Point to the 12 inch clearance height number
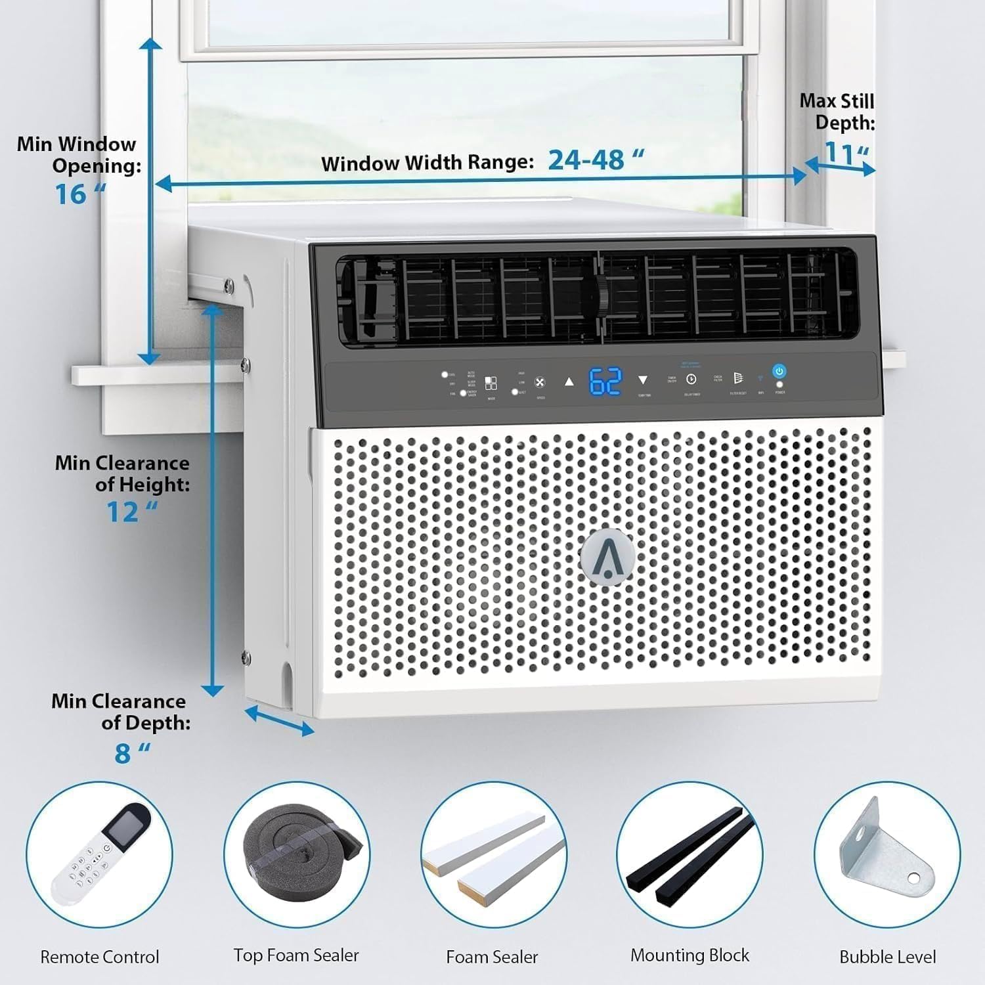pos(123,512)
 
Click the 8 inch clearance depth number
pos(123,753)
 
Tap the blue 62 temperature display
pos(605,381)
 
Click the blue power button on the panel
pos(779,372)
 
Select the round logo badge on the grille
pos(607,555)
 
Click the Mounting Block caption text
pos(689,955)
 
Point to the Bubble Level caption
pos(887,957)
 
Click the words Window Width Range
pos(427,163)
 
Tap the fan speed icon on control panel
pos(540,383)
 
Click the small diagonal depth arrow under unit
pos(279,720)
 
